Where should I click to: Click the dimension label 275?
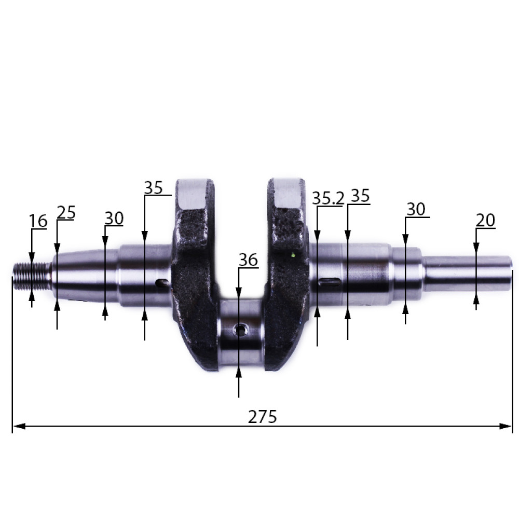point(262,417)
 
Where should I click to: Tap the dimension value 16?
point(38,221)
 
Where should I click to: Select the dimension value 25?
point(66,212)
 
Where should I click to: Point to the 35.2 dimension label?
point(328,198)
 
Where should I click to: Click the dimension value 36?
point(248,260)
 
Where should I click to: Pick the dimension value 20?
point(485,220)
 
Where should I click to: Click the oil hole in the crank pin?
point(241,330)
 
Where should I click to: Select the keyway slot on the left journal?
point(162,283)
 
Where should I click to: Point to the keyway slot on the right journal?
point(330,282)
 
